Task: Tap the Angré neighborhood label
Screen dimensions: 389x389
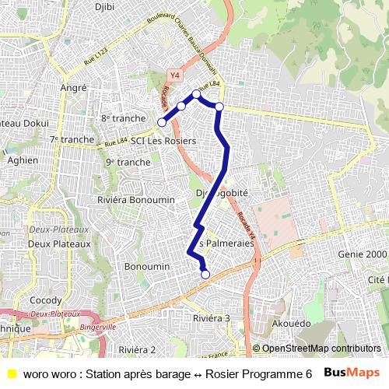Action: tap(73, 88)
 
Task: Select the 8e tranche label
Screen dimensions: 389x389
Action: tap(123, 118)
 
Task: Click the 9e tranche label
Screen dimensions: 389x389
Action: tap(128, 162)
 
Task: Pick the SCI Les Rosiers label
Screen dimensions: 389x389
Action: tap(163, 141)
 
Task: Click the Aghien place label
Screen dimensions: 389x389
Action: tap(22, 159)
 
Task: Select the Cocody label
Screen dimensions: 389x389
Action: tap(40, 300)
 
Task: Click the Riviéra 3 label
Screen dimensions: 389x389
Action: tap(212, 318)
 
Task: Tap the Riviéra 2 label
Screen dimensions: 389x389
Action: tap(138, 349)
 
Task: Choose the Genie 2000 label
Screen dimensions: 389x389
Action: tap(363, 254)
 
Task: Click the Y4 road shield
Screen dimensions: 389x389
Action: tap(173, 75)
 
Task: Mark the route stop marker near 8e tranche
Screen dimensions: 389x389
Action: tap(162, 122)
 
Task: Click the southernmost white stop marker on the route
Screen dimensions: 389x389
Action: tap(205, 274)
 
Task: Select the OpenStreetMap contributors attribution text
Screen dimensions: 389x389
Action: tap(321, 349)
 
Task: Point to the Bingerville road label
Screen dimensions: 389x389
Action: tap(97, 328)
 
